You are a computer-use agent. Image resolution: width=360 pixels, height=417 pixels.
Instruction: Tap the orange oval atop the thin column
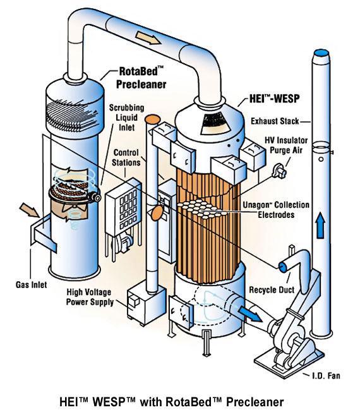click(x=152, y=118)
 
